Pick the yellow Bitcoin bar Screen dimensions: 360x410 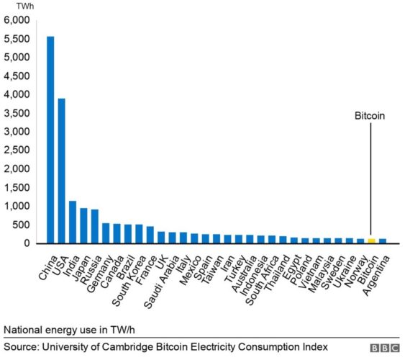(x=371, y=240)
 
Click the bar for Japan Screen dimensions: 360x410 (x=83, y=225)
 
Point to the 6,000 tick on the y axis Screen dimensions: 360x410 (x=17, y=20)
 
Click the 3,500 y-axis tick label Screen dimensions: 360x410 (x=17, y=113)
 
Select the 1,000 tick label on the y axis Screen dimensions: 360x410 (x=17, y=206)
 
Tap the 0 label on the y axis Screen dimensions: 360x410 (x=27, y=243)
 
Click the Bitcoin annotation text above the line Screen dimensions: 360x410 (x=370, y=114)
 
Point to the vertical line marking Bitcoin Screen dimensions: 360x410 (x=371, y=180)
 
